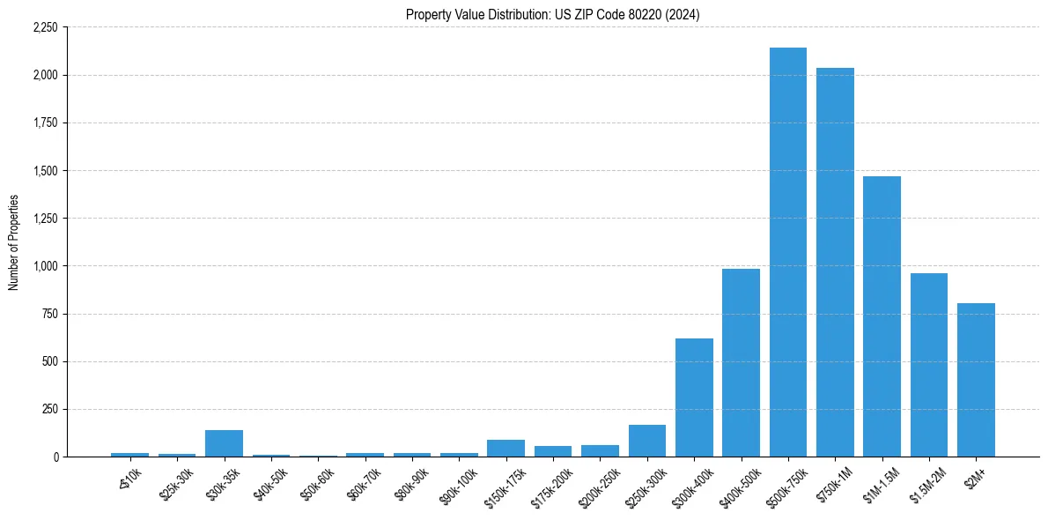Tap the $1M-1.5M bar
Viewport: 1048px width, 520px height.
click(882, 316)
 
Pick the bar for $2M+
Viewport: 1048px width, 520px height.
click(976, 380)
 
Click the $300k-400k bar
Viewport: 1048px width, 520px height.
click(694, 397)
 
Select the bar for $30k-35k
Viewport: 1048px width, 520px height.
click(224, 443)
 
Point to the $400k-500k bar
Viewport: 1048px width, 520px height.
click(741, 362)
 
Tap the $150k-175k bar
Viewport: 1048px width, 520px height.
click(506, 448)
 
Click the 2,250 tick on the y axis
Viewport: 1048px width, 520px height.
click(45, 27)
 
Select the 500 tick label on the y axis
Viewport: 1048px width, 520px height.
click(49, 361)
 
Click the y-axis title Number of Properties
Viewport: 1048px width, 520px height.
click(13, 242)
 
